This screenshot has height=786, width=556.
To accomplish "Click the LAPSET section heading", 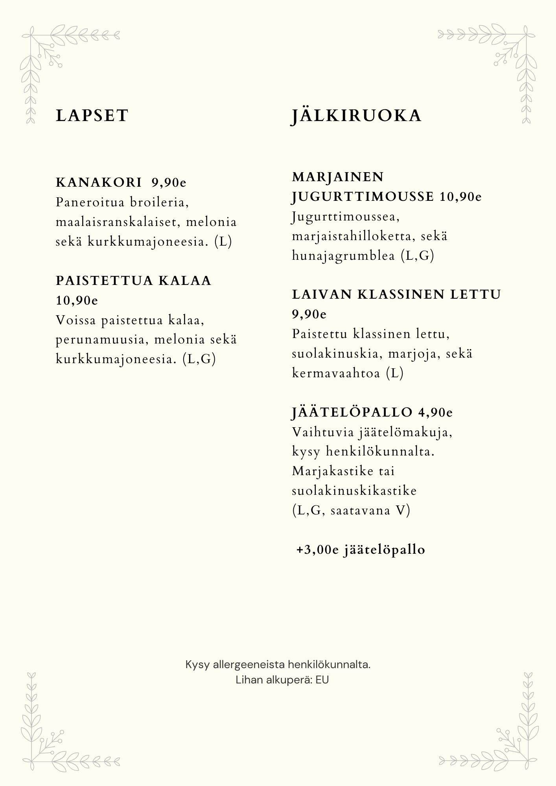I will (x=92, y=116).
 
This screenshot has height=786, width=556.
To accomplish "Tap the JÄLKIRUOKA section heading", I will (x=356, y=116).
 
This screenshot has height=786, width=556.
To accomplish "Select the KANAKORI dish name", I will (x=99, y=182).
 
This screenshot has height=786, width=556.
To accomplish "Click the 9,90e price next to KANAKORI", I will (x=169, y=182).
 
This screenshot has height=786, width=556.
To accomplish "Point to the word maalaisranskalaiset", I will (x=118, y=222).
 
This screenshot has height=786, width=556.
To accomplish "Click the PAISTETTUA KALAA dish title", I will (x=134, y=281).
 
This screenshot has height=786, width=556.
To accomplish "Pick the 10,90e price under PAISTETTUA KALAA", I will (x=77, y=300).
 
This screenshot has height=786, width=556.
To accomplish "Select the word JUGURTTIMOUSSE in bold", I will (x=363, y=196).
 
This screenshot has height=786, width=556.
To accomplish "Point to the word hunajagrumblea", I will (x=344, y=256).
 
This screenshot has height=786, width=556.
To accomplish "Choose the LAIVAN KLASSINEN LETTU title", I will (x=396, y=294).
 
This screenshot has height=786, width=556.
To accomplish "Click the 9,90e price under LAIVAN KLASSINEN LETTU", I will (x=309, y=314).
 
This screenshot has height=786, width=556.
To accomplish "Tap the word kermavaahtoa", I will (x=336, y=373).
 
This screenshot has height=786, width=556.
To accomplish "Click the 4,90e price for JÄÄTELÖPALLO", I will (x=436, y=412).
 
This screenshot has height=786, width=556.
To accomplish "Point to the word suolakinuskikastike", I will (x=354, y=491).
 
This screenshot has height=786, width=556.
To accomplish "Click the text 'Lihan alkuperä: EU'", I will (x=282, y=680).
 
